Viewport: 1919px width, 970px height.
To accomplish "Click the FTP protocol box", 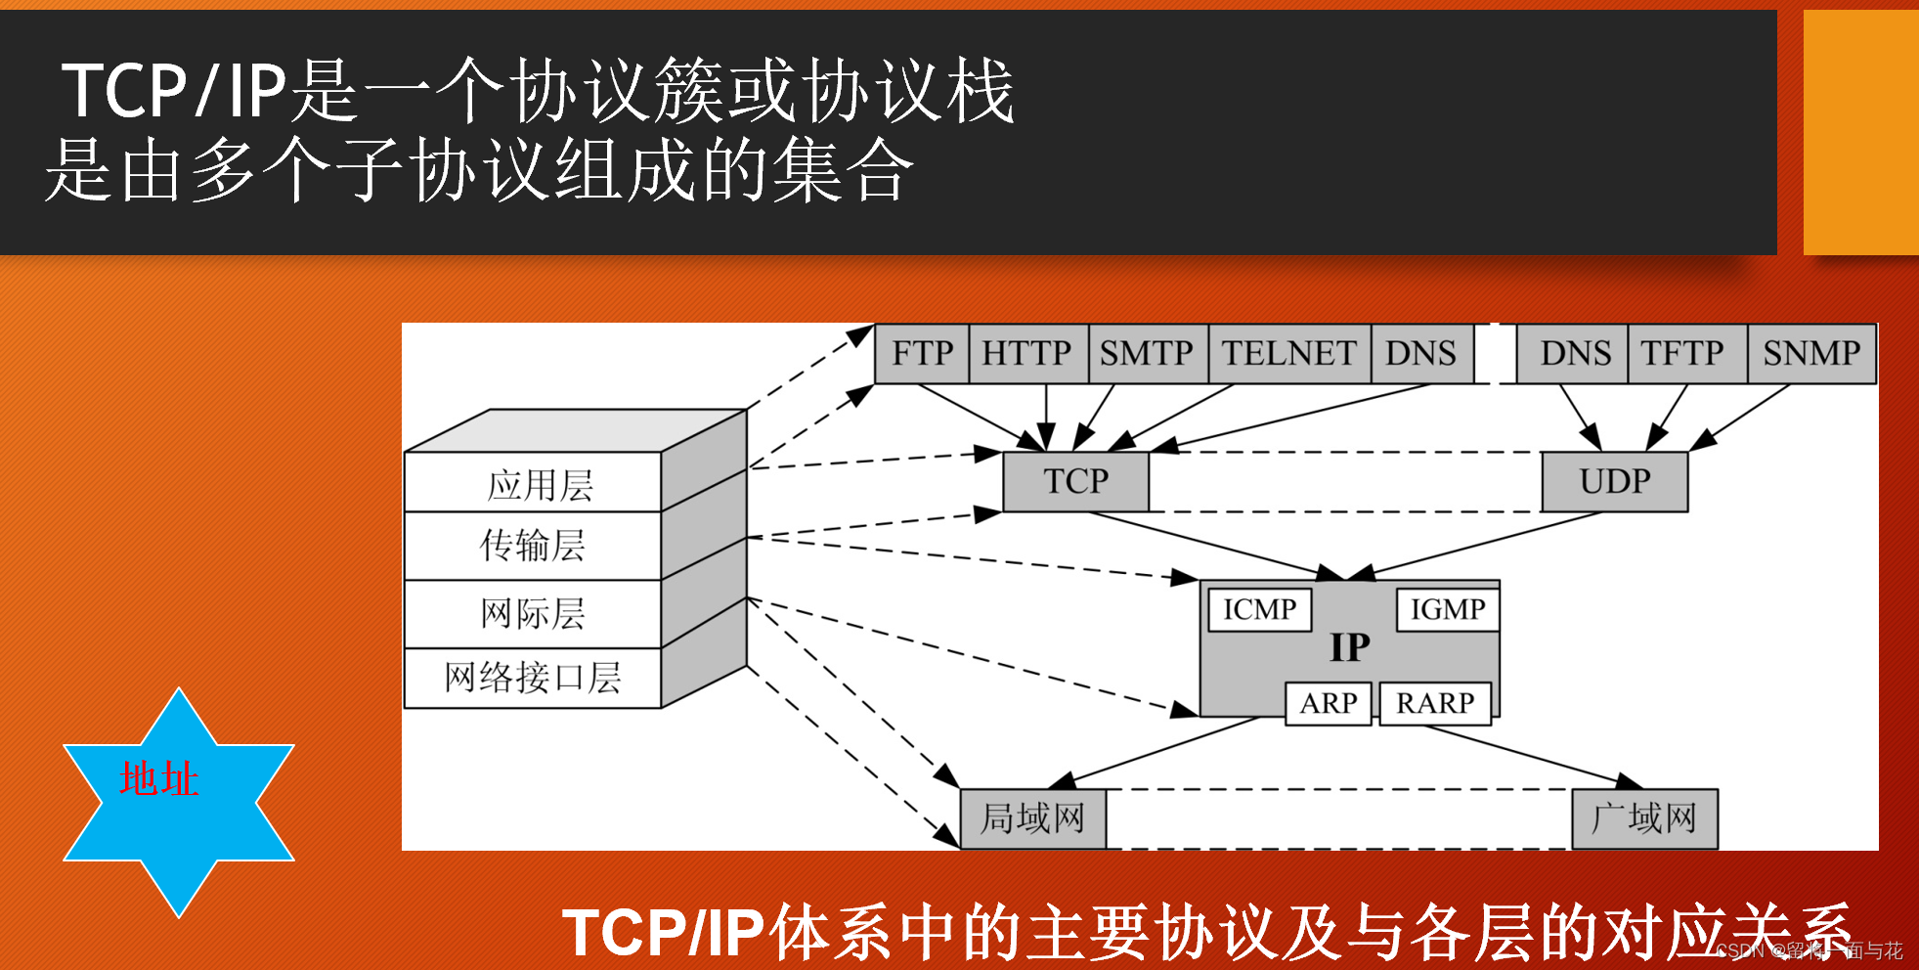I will coord(922,353).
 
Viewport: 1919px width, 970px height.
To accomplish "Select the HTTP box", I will coord(1026,353).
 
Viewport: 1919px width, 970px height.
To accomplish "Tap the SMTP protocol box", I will coord(1147,353).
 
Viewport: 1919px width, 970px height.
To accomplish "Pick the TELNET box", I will coord(1288,353).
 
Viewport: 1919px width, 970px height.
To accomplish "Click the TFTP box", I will coord(1682,353).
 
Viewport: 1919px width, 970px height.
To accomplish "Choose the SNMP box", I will coord(1811,353).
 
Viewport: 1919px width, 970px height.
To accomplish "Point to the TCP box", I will coord(1075,481).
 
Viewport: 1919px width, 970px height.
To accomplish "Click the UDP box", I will coord(1615,481).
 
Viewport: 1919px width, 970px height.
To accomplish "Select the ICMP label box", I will coord(1259,609).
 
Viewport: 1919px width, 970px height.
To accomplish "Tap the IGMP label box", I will coord(1447,609).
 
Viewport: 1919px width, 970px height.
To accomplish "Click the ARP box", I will coord(1328,703).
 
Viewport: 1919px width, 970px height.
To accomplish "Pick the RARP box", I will coord(1434,703).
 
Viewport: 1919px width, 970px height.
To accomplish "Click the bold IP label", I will coord(1350,647).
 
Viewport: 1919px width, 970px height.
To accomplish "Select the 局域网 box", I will coord(1033,818).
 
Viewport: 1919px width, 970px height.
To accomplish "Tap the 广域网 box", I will coord(1644,818).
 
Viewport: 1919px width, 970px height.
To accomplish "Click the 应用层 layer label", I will coord(540,485).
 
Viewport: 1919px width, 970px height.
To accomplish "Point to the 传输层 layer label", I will coord(533,546).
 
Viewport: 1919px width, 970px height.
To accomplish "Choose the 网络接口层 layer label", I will coord(533,677).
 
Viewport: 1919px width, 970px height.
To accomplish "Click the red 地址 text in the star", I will coord(159,779).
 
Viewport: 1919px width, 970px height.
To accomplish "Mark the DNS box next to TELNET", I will coord(1420,353).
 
